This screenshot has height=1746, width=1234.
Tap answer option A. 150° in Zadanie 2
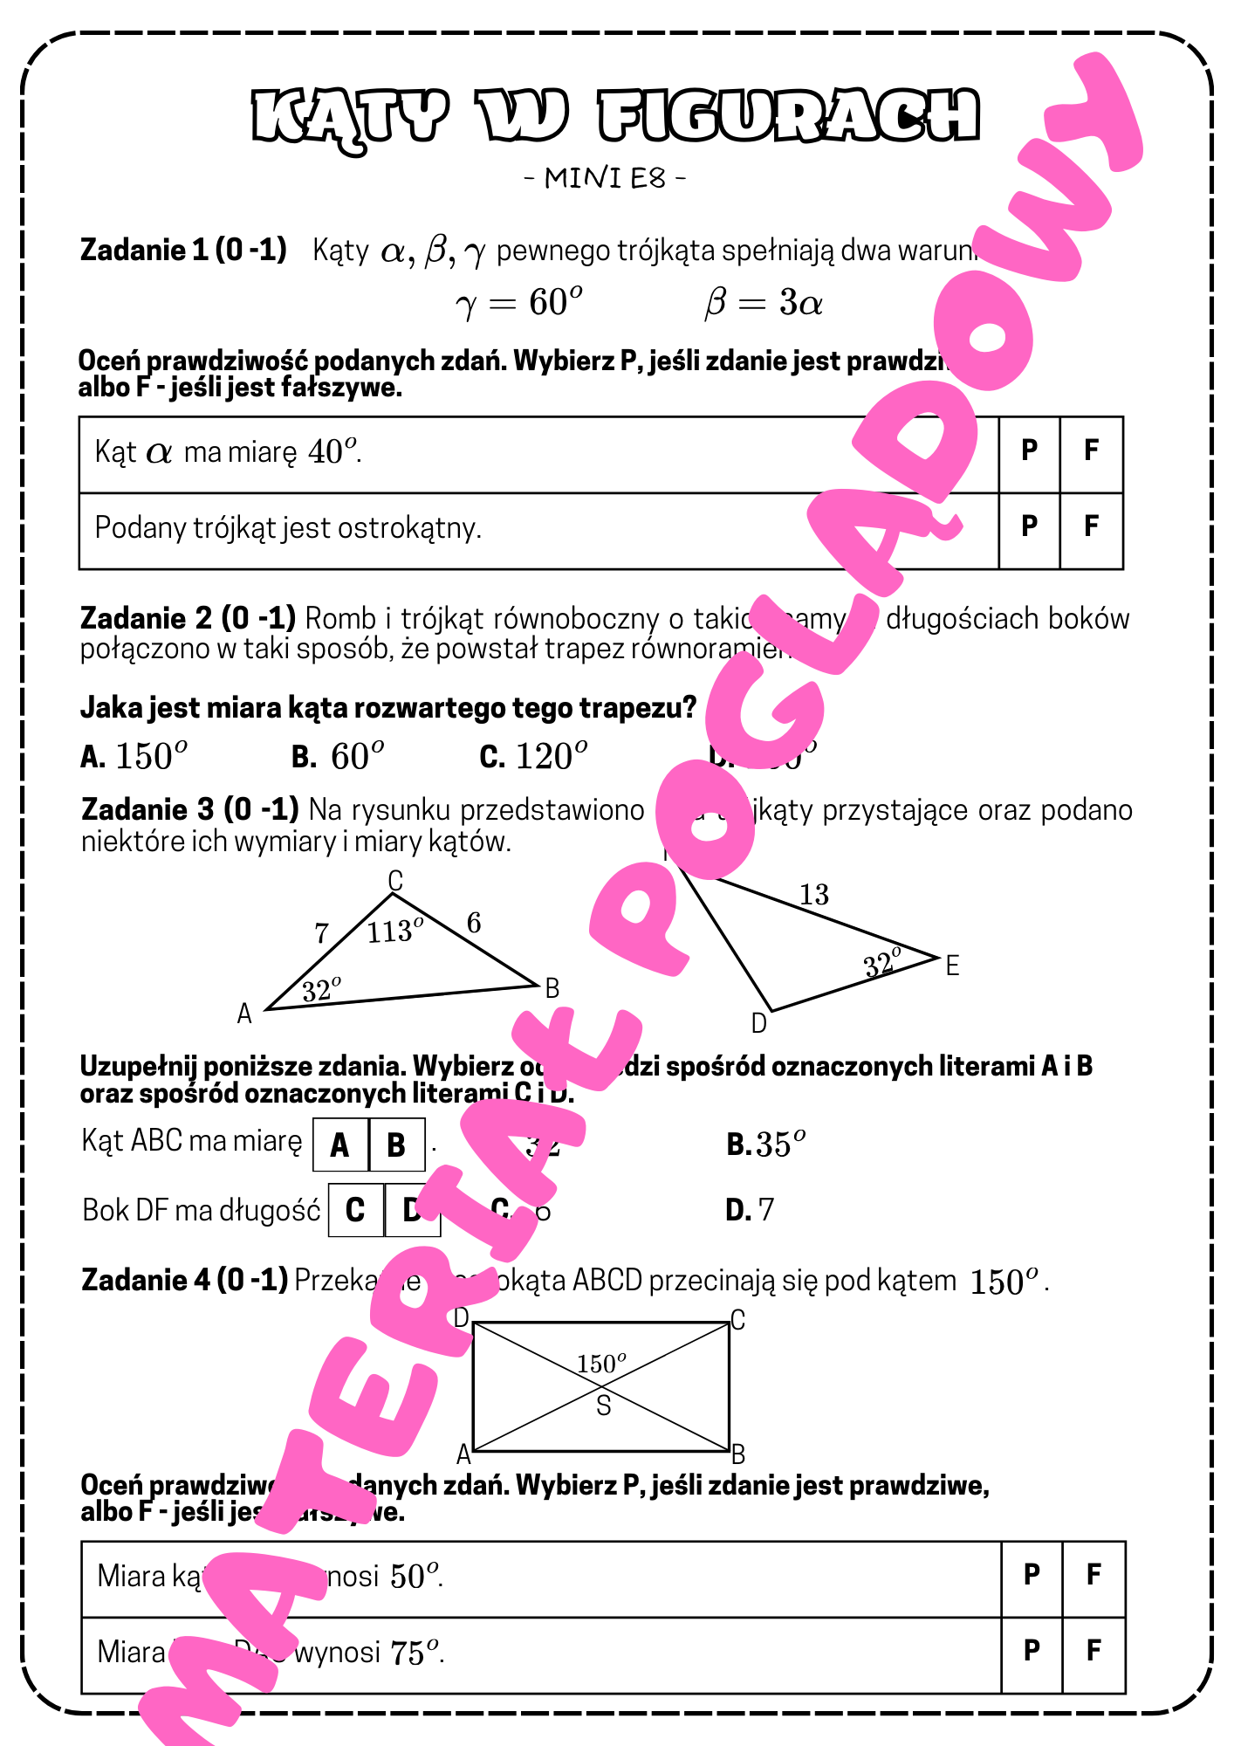[134, 756]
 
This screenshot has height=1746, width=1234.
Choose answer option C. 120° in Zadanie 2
[533, 756]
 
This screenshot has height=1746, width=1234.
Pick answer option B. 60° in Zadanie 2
[338, 756]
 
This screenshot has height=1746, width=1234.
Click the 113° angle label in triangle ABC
[394, 931]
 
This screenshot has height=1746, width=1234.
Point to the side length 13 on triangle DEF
[813, 895]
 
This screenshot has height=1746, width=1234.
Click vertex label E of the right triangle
[952, 966]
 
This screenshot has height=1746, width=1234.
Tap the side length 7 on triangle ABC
[321, 933]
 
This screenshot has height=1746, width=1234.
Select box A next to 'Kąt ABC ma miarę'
[340, 1145]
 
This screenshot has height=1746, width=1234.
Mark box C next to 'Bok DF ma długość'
[355, 1210]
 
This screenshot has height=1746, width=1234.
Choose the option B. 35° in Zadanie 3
[765, 1145]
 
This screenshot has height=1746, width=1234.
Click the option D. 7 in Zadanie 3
[750, 1210]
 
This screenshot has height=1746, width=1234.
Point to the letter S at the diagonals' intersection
[603, 1406]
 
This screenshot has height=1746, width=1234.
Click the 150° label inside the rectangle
[601, 1363]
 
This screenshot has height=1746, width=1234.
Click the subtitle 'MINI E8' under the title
[605, 178]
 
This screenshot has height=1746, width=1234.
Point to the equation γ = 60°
[518, 303]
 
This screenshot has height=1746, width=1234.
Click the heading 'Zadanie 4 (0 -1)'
[184, 1281]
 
